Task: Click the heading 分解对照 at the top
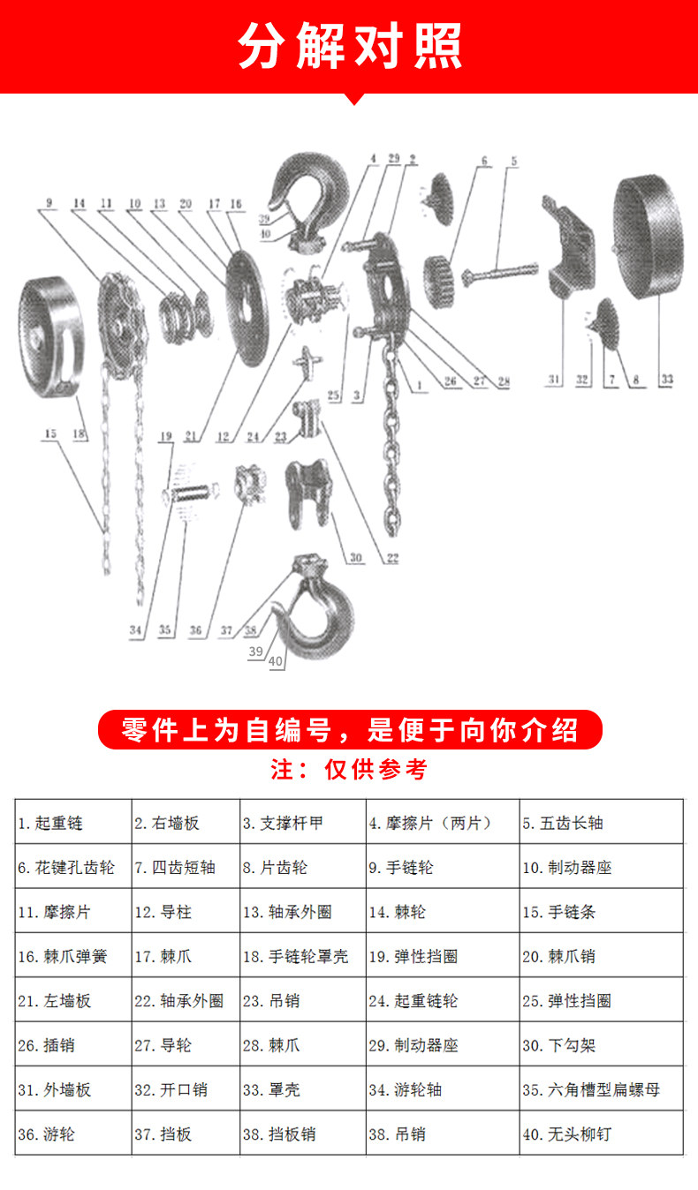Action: click(x=349, y=47)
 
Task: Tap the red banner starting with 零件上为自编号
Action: click(x=349, y=730)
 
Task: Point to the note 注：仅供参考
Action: click(x=349, y=770)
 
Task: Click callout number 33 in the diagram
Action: click(x=666, y=380)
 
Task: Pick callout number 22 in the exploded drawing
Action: click(x=392, y=557)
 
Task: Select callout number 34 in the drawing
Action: click(x=135, y=630)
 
